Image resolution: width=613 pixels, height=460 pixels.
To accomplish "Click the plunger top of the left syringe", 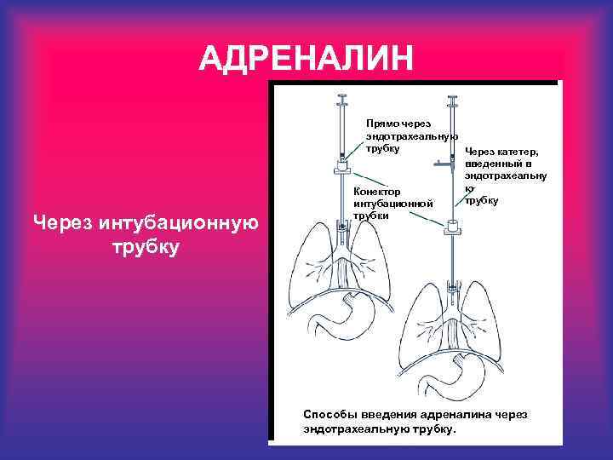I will (x=342, y=96).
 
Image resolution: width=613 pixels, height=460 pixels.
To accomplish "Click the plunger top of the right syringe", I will (x=452, y=98).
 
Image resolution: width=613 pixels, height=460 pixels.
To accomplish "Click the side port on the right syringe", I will (x=438, y=160).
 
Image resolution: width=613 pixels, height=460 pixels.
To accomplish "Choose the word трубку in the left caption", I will (x=145, y=248).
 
